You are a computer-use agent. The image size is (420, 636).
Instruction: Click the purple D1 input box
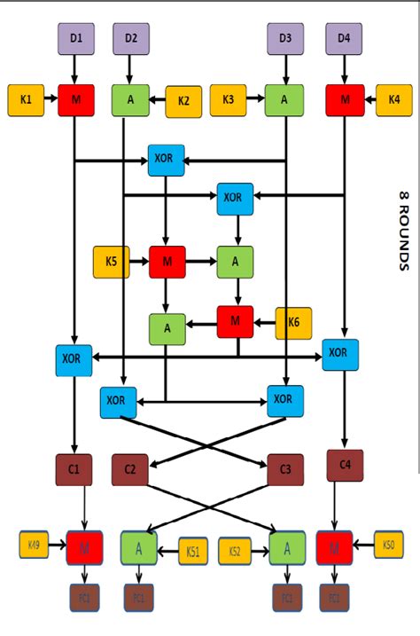tap(76, 38)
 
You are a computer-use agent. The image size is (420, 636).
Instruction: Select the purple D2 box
tap(131, 38)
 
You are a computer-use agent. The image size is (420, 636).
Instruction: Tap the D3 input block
tap(285, 38)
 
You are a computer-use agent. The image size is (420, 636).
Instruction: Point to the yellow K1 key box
tap(26, 99)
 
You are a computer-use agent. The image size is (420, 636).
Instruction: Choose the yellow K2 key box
tap(183, 100)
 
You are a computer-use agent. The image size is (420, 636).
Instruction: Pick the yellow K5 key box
tap(111, 262)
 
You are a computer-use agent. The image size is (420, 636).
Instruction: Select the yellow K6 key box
tap(294, 323)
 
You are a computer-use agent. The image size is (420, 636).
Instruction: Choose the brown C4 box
tap(345, 465)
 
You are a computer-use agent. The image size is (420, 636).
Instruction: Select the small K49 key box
tap(34, 545)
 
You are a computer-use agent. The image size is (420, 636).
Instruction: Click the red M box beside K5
tap(167, 262)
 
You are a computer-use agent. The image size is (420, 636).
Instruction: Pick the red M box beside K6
tap(236, 322)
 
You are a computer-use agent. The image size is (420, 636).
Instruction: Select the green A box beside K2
tap(130, 100)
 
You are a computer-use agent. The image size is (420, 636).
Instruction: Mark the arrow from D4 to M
tap(344, 67)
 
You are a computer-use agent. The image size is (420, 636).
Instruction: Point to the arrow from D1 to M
tap(76, 67)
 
